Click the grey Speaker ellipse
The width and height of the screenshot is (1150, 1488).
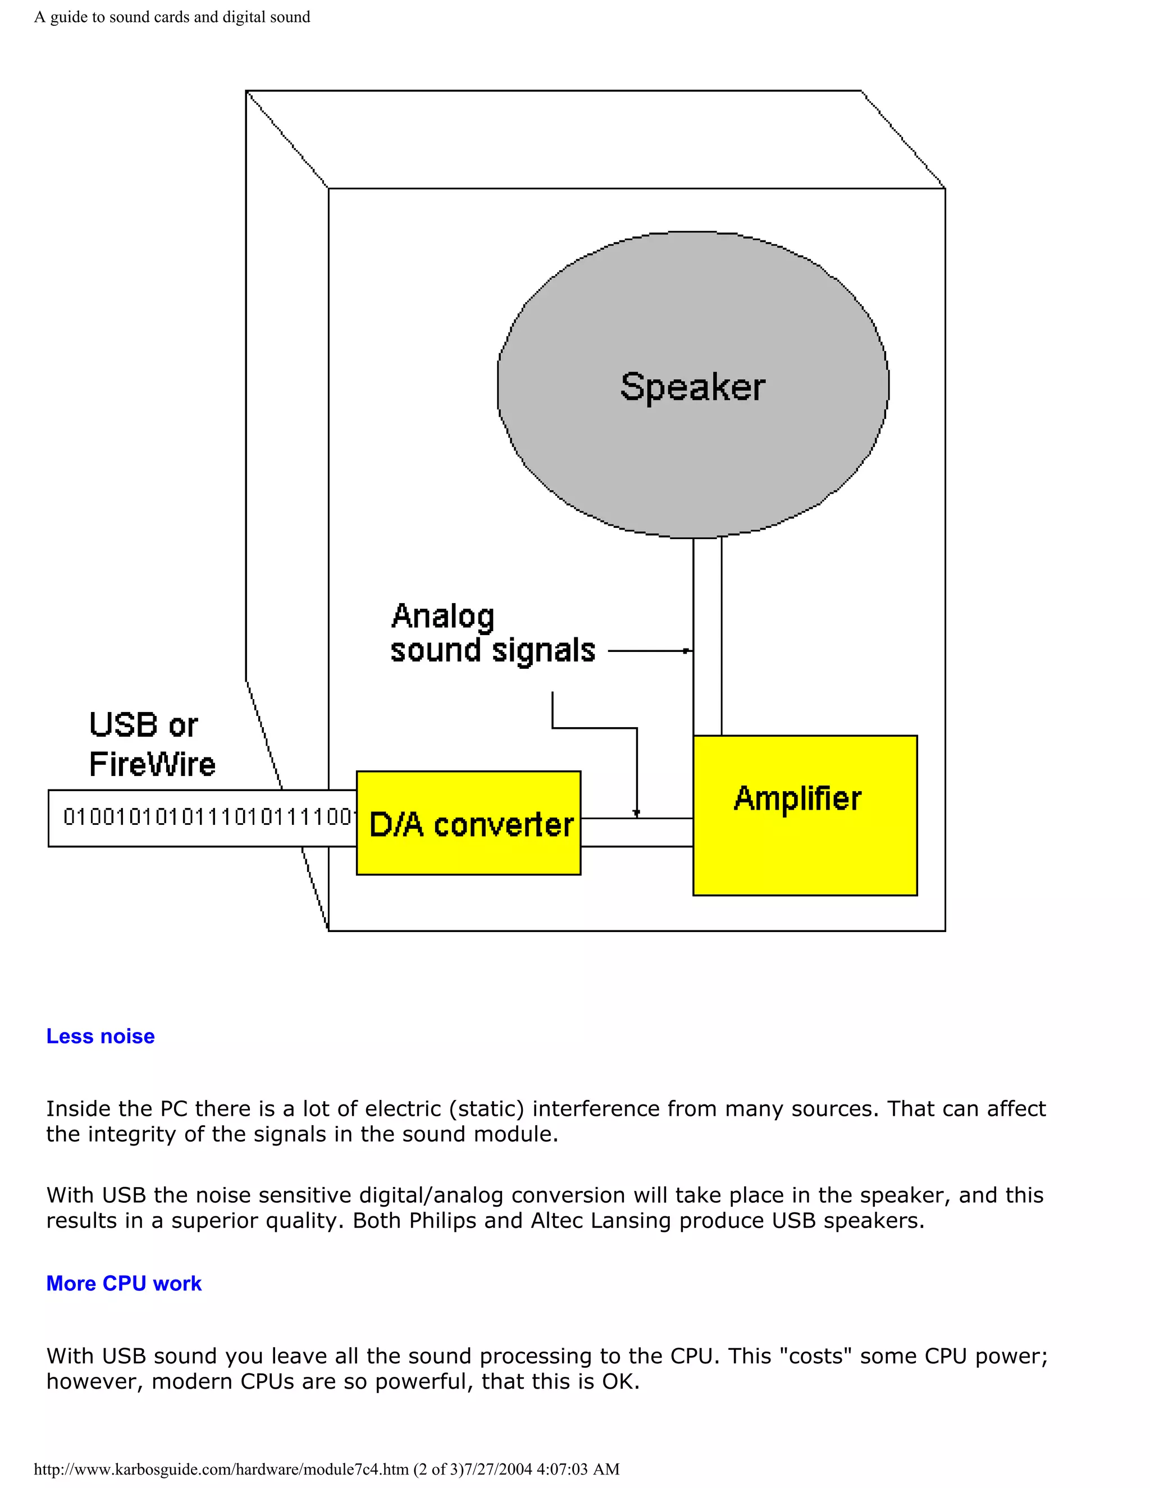coord(693,385)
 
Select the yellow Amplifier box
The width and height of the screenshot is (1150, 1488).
coord(805,815)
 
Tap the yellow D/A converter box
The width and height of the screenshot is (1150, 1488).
coord(469,823)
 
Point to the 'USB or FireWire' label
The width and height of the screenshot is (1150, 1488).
coord(151,744)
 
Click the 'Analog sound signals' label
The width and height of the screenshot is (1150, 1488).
coord(492,633)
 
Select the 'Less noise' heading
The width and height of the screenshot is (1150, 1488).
coord(100,1037)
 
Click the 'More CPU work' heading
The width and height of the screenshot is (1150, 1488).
coord(124,1284)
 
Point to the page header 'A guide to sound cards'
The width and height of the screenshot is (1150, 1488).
coord(172,17)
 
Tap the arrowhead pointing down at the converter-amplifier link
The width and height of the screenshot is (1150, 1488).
coord(636,813)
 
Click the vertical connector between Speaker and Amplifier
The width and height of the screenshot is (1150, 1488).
coord(707,637)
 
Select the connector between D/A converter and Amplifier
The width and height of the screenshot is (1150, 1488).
coord(636,833)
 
